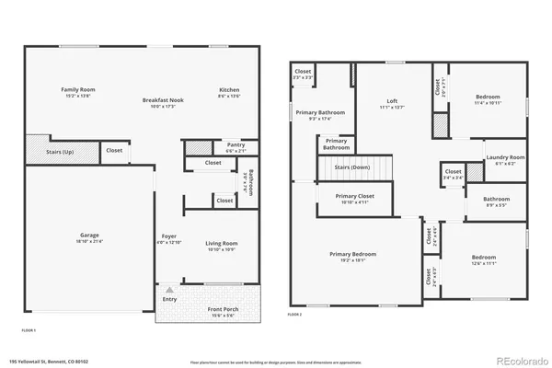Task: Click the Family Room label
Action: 78,89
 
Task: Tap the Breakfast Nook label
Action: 162,98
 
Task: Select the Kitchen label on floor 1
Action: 228,90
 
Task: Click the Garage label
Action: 89,236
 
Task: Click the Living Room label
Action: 221,244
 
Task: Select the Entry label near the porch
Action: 169,299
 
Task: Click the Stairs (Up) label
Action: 47,150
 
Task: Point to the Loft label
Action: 392,101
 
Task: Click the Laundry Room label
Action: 505,157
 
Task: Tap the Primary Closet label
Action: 353,196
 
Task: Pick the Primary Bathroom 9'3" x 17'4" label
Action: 314,113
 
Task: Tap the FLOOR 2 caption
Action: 293,316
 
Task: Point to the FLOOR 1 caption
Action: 29,329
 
